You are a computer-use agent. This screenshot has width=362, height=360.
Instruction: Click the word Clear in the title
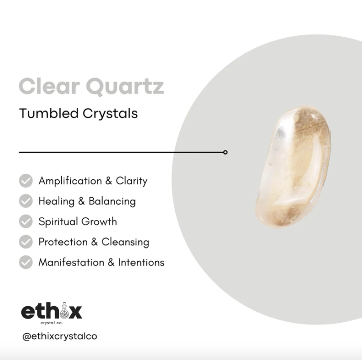pyautogui.click(x=49, y=86)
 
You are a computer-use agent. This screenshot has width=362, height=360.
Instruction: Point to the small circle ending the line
pyautogui.click(x=226, y=152)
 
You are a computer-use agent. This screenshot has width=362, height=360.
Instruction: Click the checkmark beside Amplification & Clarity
pyautogui.click(x=26, y=181)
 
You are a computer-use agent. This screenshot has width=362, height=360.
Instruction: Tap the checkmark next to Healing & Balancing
pyautogui.click(x=26, y=201)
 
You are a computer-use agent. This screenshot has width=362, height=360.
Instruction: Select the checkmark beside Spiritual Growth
pyautogui.click(x=26, y=222)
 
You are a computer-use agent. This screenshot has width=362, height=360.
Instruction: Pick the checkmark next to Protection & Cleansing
pyautogui.click(x=26, y=242)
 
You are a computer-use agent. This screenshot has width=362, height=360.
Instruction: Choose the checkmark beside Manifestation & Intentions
pyautogui.click(x=26, y=262)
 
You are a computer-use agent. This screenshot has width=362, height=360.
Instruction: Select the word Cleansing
pyautogui.click(x=125, y=242)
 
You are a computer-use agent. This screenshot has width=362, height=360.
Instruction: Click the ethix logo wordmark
pyautogui.click(x=51, y=312)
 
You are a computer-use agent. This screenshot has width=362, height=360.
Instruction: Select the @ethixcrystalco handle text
pyautogui.click(x=59, y=336)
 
